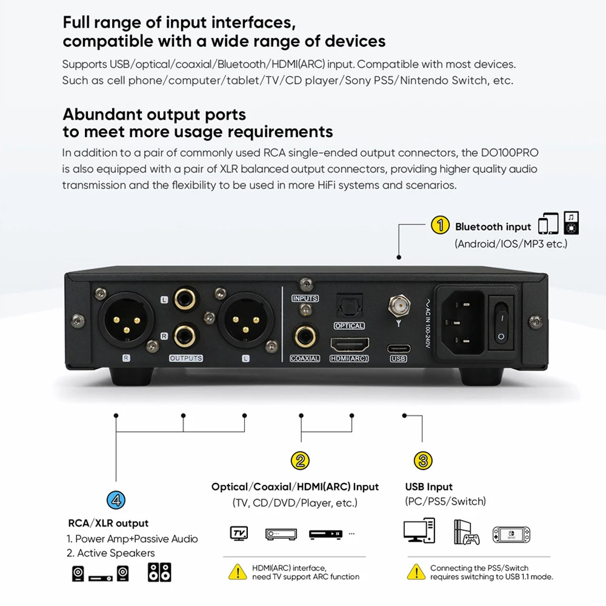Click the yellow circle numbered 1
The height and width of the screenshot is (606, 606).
440,226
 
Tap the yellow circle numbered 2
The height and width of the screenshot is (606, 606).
301,461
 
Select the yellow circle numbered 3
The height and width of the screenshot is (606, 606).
423,461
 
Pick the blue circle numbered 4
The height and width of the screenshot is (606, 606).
116,500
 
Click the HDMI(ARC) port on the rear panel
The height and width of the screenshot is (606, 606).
349,345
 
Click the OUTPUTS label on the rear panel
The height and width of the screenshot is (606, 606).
185,359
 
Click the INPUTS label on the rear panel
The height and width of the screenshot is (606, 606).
305,299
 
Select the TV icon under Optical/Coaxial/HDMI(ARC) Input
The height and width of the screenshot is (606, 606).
239,534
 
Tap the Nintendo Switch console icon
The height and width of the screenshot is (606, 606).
510,534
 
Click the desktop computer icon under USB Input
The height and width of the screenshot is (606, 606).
419,531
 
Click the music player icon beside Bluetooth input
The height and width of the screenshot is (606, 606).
571,223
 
